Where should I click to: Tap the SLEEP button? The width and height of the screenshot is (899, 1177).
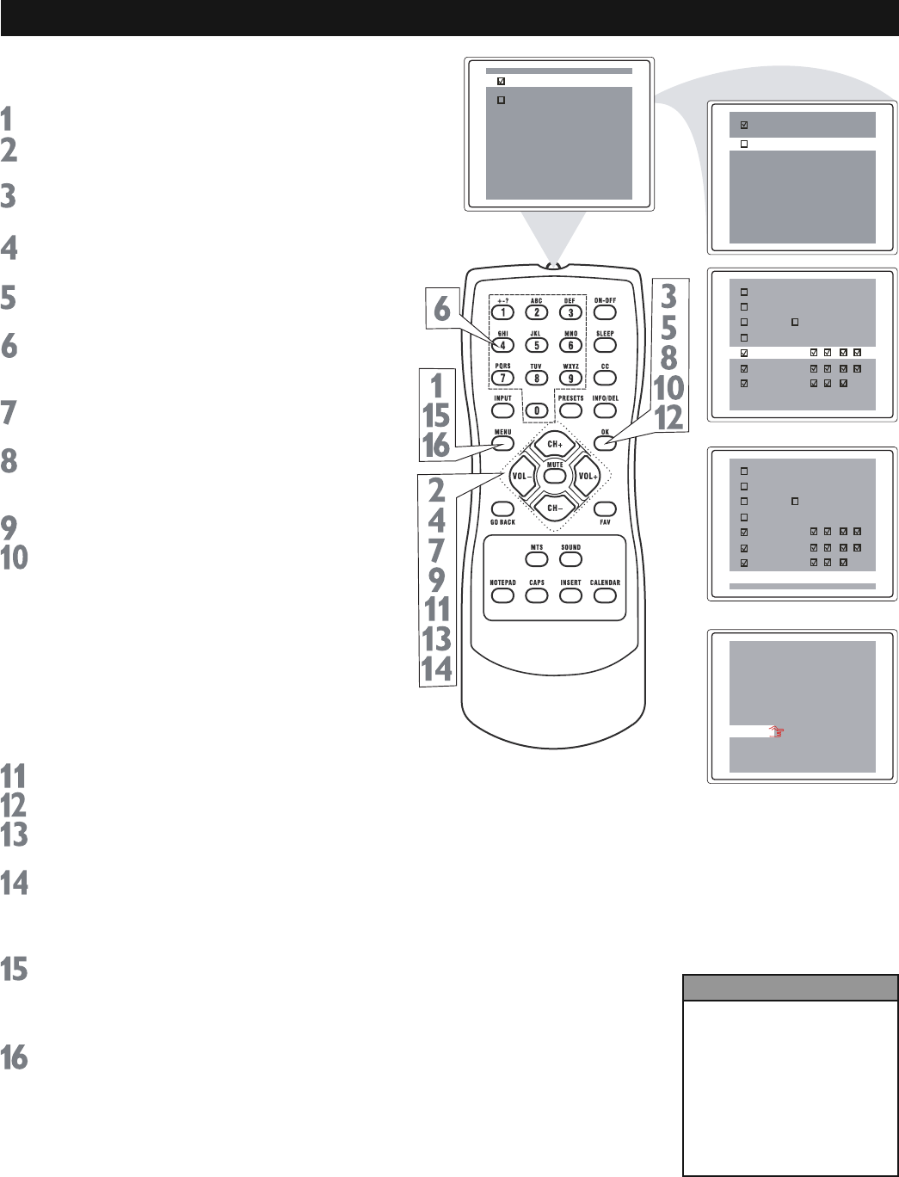tap(605, 345)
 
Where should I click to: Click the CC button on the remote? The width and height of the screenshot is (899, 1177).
tap(605, 378)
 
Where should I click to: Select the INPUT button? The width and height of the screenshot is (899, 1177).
tap(502, 410)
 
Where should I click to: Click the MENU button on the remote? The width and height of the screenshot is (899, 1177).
tap(502, 443)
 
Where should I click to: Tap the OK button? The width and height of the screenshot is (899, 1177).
tap(605, 443)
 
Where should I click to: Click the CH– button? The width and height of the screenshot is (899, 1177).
tap(555, 508)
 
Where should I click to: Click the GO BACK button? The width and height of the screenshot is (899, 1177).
tap(502, 509)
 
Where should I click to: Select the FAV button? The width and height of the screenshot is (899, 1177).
tap(605, 509)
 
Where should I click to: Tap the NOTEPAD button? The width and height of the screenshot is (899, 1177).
tap(502, 595)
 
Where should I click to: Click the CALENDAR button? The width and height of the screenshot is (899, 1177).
tap(605, 595)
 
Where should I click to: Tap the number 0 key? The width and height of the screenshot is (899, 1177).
tap(537, 410)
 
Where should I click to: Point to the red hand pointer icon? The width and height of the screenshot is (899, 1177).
tap(778, 732)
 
